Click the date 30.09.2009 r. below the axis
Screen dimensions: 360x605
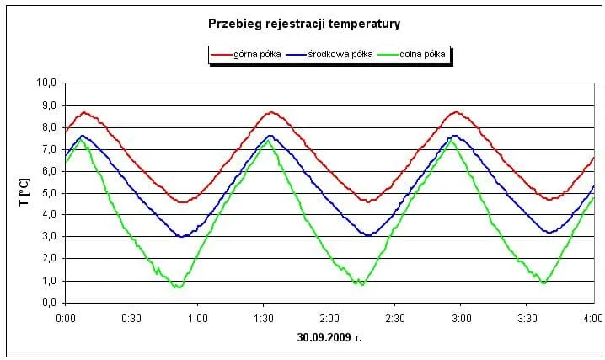(x=329, y=338)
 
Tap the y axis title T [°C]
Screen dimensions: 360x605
(x=24, y=192)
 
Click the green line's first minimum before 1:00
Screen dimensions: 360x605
(x=177, y=287)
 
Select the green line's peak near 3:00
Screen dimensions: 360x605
(x=451, y=141)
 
